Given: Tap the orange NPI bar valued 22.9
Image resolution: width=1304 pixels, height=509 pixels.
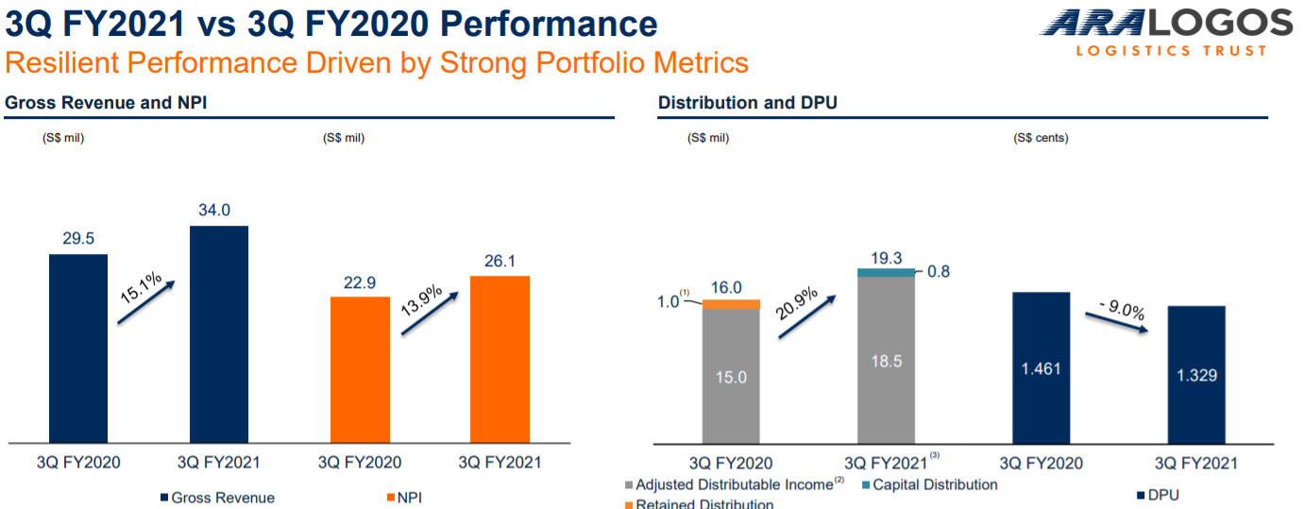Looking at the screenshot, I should [360, 369].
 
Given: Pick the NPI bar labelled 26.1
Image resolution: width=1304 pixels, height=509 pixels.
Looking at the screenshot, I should [500, 359].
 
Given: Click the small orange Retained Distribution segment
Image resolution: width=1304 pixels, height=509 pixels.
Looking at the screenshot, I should [731, 304].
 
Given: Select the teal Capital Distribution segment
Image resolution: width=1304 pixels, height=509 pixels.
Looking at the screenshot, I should [886, 272].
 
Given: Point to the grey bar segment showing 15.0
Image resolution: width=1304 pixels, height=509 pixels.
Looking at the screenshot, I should [731, 376].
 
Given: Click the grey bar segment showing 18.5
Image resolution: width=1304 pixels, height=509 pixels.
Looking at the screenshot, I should [886, 360].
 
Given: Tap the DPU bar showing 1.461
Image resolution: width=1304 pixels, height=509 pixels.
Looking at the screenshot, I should [1041, 367].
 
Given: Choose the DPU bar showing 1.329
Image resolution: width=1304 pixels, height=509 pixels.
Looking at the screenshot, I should [1195, 374].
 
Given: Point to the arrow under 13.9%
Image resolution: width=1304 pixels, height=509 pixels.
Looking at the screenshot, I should [431, 314].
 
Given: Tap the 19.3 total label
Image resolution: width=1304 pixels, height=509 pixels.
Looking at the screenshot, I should [886, 256].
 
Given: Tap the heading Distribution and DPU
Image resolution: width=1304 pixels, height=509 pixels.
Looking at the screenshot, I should [747, 103].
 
